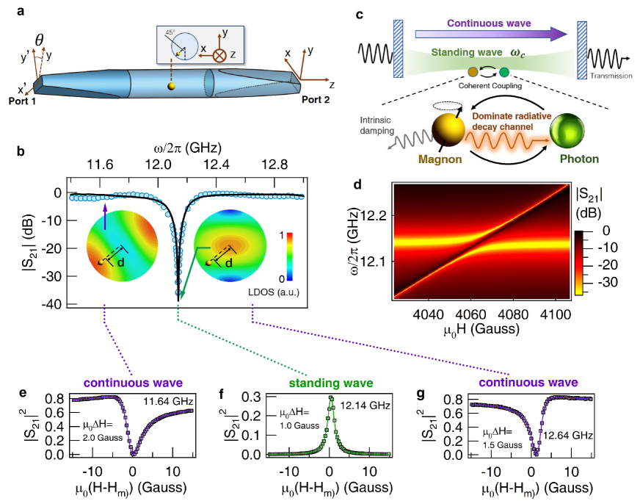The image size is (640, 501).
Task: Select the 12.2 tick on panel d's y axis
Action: [x=374, y=214]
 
